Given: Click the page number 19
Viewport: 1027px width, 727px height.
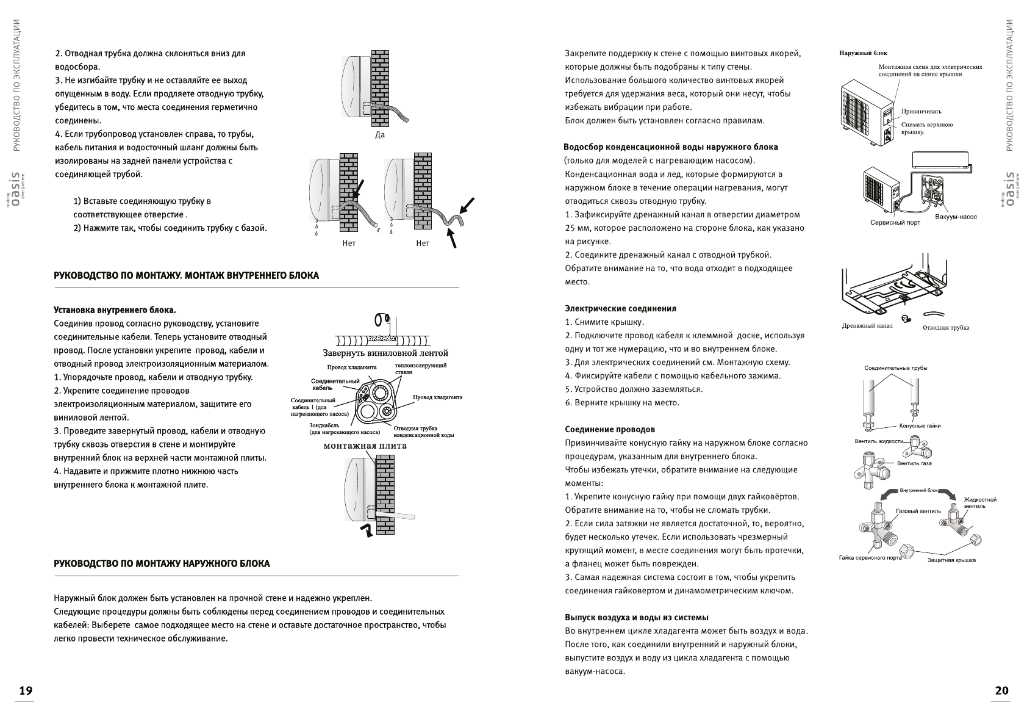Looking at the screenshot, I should (26, 691).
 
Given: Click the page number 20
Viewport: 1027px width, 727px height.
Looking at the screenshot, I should (1001, 691).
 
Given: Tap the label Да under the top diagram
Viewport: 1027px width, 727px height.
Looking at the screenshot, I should (379, 135).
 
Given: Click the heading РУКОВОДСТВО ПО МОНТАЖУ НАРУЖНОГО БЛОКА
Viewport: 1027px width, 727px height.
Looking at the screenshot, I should (162, 563).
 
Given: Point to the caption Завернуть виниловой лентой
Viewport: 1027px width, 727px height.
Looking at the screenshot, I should (385, 353).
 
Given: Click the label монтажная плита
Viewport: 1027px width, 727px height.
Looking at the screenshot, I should (365, 446).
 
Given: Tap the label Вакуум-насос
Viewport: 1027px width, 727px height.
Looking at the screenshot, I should (956, 217).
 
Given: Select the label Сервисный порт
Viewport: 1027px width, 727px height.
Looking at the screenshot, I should (895, 223).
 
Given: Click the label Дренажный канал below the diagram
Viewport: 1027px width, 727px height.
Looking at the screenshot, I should (867, 325).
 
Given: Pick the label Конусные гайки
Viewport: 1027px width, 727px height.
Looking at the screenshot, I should (920, 425).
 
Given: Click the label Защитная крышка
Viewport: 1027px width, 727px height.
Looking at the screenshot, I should (951, 560).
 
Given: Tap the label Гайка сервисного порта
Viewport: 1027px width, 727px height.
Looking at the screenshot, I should (870, 557).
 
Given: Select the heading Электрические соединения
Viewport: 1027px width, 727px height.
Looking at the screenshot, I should (620, 309).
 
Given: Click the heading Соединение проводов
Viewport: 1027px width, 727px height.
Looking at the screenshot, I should (610, 430).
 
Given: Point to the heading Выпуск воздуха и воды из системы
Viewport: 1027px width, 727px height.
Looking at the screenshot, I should (636, 618).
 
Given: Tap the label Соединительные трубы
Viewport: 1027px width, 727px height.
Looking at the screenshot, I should (895, 368).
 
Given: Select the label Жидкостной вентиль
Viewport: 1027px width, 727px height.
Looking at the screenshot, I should (979, 502).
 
